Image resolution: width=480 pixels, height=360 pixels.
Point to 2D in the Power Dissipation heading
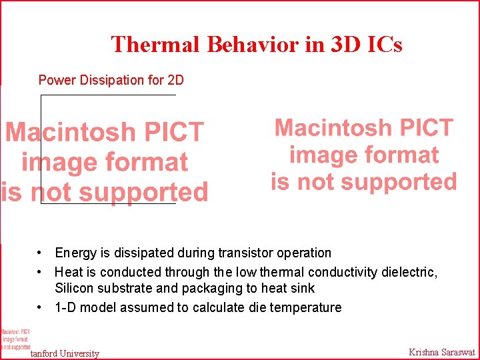175,80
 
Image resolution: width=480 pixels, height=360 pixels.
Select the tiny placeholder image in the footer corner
15,339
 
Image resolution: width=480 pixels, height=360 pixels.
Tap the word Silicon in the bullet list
74,289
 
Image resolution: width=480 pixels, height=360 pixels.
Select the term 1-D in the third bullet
65,307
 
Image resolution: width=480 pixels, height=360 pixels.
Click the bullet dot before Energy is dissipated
41,253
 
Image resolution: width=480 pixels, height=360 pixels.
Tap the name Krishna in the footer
425,352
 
